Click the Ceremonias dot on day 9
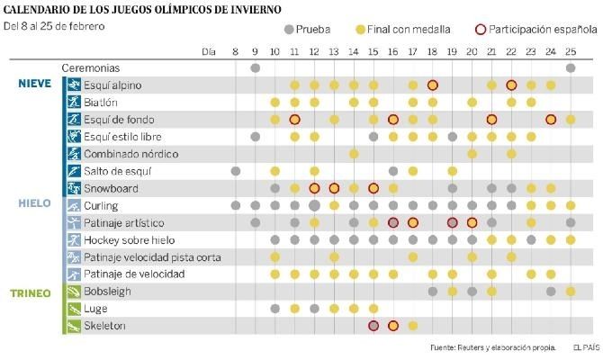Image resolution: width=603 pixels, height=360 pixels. tap(256, 67)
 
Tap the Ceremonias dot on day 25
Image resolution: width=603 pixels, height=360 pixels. tap(571, 67)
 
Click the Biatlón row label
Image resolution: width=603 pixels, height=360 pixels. tap(102, 103)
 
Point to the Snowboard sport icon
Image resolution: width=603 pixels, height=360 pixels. tap(71, 188)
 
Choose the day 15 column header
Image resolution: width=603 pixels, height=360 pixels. tap(373, 50)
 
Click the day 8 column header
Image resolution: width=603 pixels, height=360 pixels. tap(236, 50)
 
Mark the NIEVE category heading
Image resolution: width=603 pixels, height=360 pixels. tap(34, 84)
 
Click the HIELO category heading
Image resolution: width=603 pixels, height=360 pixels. tap(34, 203)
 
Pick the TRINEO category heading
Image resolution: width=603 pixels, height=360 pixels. tap(32, 292)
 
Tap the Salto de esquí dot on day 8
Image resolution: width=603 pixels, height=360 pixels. tap(236, 171)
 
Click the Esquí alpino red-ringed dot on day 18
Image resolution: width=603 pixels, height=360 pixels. tap(433, 85)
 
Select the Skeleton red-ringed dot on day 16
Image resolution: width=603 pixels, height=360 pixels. tap(393, 326)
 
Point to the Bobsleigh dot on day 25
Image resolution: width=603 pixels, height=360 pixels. tap(571, 292)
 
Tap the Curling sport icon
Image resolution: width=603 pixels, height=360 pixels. tap(71, 205)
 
